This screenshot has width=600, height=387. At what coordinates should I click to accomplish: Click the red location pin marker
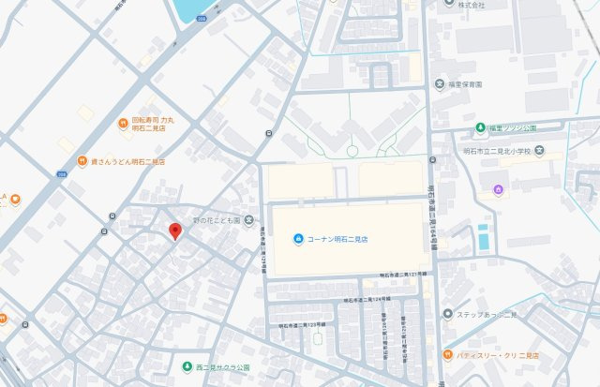(x=174, y=231)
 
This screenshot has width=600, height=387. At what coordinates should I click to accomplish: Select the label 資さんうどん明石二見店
(x=127, y=161)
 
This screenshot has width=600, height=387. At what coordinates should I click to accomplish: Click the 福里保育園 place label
(x=464, y=84)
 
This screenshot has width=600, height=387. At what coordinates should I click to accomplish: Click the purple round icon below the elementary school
(x=499, y=190)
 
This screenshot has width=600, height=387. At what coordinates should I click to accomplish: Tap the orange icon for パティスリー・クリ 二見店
(x=448, y=356)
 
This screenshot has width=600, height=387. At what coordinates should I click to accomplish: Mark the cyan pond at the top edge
(x=192, y=8)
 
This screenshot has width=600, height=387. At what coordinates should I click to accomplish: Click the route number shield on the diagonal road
(x=61, y=174)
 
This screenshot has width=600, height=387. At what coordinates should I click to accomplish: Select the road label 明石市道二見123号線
(x=302, y=324)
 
